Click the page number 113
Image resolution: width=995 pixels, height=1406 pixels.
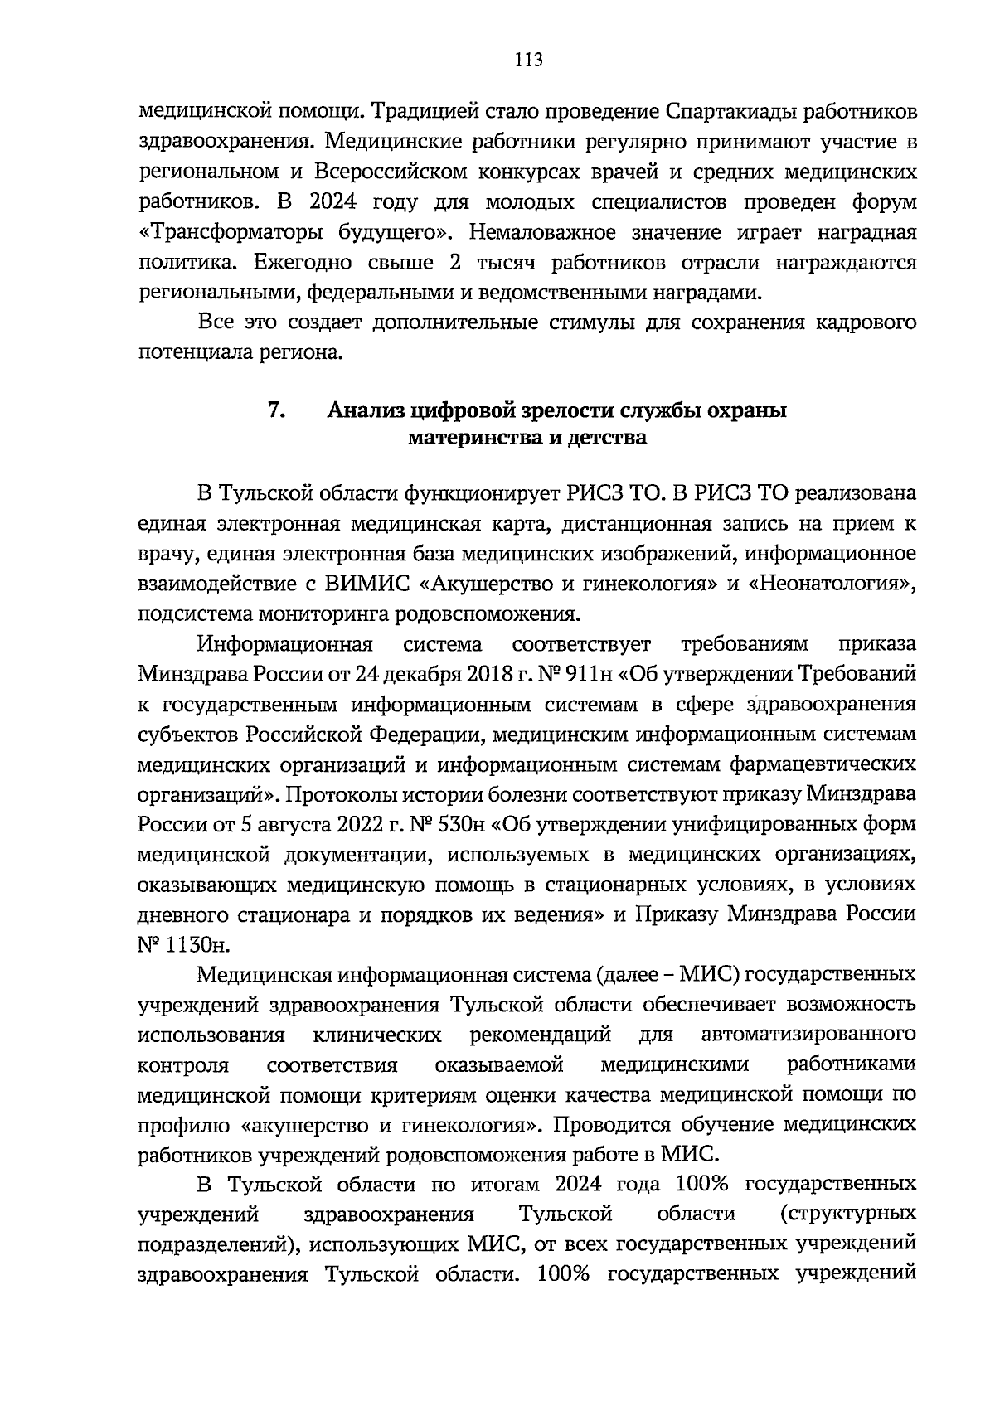528,59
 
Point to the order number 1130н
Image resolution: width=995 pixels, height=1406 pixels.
197,945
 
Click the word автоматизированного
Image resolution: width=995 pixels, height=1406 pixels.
808,1035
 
